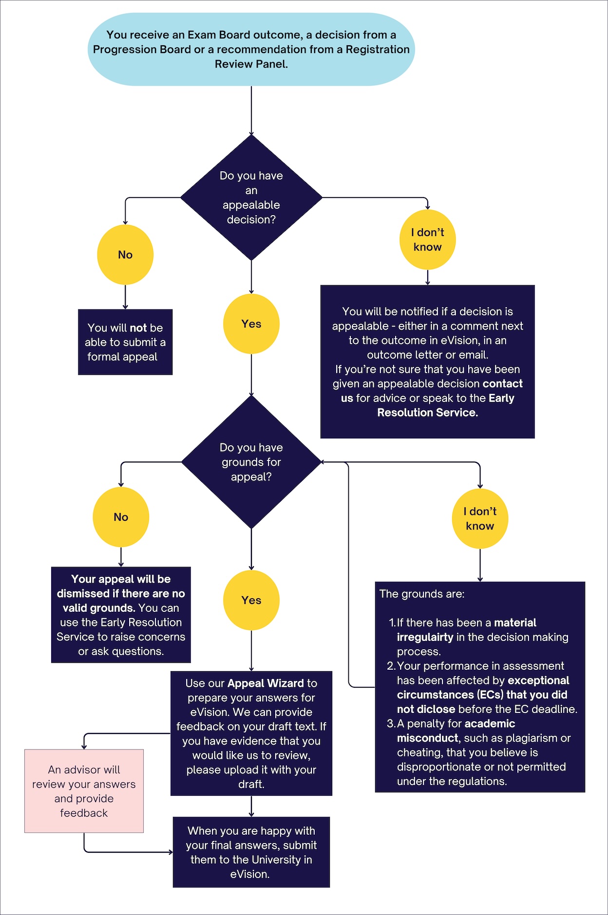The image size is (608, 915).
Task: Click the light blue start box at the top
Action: [251, 49]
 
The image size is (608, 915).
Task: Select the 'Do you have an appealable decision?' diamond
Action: [251, 198]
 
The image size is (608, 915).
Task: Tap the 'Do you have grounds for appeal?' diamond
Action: [251, 462]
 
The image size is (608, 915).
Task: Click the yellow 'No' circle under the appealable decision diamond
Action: [125, 255]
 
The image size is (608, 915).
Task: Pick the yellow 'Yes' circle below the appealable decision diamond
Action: [251, 324]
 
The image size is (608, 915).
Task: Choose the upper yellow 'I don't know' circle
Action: [427, 239]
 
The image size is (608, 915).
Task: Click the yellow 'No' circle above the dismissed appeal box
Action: [121, 517]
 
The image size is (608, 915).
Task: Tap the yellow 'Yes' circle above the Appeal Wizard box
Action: [251, 600]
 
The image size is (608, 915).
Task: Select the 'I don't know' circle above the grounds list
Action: [480, 519]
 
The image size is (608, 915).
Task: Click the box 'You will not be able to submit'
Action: [125, 342]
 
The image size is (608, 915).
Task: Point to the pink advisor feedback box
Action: [84, 791]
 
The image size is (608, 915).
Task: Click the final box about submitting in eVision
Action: [251, 852]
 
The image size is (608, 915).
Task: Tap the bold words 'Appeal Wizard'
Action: [266, 683]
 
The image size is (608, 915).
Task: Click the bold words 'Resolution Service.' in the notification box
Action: [427, 413]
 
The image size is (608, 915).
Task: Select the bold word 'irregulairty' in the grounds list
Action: [425, 637]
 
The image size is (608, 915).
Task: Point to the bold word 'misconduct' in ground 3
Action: [428, 738]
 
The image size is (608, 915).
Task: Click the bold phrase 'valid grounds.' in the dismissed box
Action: [99, 608]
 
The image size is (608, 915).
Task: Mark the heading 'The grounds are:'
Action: [422, 594]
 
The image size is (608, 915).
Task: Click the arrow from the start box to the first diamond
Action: [251, 111]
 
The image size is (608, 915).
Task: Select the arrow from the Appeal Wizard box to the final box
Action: [251, 806]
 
